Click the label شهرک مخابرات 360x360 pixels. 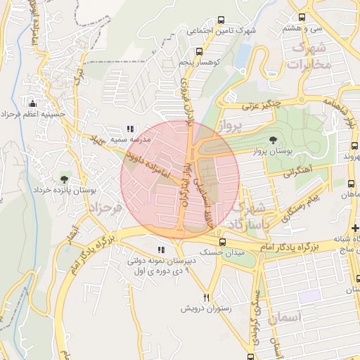pos(309,56)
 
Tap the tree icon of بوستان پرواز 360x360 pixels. pos(273,139)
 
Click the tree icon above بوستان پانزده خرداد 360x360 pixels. pos(65,179)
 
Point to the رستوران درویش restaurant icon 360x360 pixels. pos(206,297)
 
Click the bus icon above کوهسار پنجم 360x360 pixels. pos(199,51)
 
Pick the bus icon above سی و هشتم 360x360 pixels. pos(302,17)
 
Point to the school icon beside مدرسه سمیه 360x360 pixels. pos(129,129)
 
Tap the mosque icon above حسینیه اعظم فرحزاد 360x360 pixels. pos(31,103)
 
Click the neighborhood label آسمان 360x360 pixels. pos(303,318)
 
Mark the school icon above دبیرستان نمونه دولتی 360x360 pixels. pos(162,249)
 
